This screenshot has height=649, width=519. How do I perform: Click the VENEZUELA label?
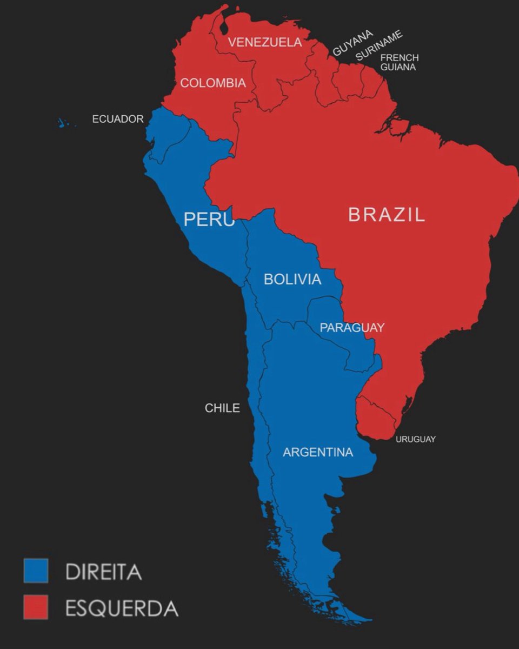[265, 42]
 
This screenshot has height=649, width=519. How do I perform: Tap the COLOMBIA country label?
[212, 83]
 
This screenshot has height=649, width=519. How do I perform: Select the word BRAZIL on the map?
[386, 215]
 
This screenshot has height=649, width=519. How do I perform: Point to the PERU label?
[209, 219]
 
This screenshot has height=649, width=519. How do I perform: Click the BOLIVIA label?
[292, 279]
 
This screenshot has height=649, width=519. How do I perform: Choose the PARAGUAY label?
[351, 328]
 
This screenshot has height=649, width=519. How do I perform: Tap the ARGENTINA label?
[318, 452]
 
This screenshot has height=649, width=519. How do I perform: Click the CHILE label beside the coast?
[222, 408]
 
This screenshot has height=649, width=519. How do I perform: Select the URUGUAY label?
[415, 439]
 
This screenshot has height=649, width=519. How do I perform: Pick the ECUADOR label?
[118, 119]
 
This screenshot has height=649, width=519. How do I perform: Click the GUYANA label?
[352, 43]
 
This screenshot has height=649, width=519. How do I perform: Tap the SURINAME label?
[379, 45]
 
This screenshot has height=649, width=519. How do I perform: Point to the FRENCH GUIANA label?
[399, 62]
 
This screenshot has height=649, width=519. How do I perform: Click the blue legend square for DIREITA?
[36, 571]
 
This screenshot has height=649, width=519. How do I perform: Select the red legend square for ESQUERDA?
[36, 607]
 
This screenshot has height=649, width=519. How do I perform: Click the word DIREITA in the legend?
[103, 572]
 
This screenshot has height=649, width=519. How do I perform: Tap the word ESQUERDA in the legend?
[122, 608]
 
